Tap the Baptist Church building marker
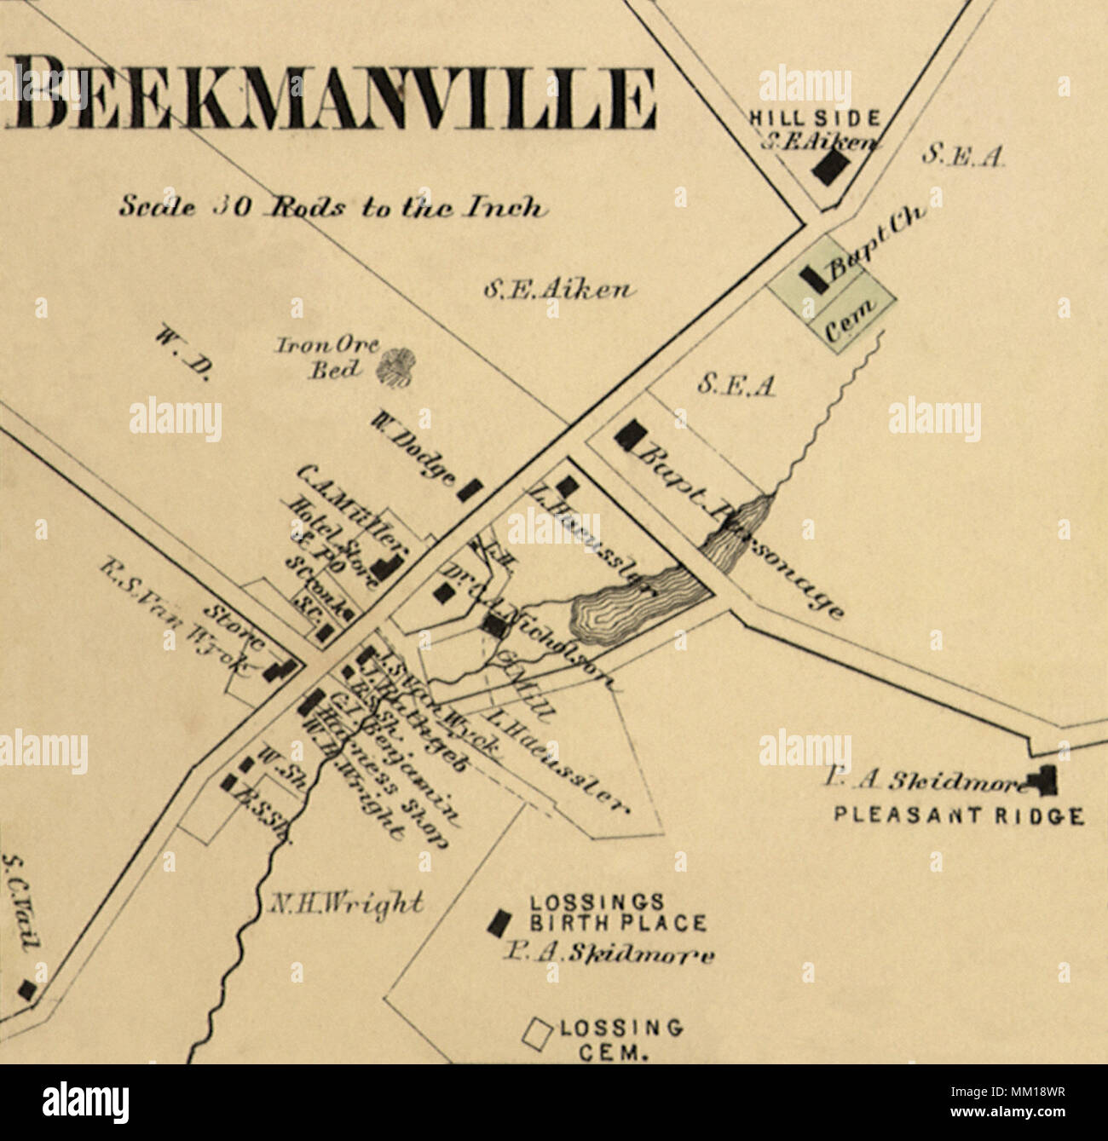pos(811,278)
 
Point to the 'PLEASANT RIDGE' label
pos(959,815)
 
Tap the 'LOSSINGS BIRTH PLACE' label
pos(618,913)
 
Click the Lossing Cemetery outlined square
pos(537,1032)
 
